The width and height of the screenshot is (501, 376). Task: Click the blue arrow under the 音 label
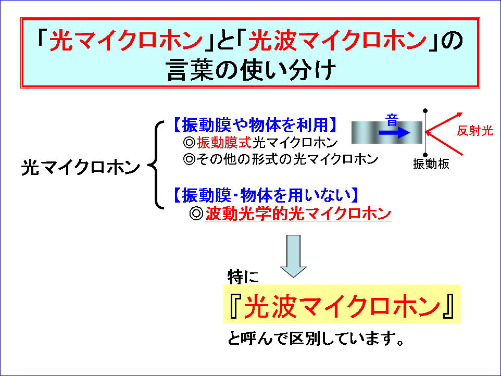pos(394,132)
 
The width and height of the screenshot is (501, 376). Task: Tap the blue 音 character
pos(392,120)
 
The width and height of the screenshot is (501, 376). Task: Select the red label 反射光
pos(475,131)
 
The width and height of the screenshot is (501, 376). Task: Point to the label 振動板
pos(431,164)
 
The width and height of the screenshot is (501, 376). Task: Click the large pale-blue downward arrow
pos(293,256)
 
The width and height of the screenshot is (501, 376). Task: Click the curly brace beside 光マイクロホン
pos(156,165)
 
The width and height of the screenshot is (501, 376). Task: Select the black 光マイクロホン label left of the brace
pos(81,167)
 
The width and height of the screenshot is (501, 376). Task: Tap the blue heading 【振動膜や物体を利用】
pos(255,124)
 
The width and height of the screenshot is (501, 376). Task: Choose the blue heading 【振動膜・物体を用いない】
pos(266,195)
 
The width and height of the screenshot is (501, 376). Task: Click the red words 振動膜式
pos(224,143)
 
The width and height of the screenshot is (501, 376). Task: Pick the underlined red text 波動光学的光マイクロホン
pos(298,214)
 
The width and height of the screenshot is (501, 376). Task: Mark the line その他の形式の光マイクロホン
pos(287,159)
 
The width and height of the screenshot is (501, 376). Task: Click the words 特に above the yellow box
pos(243,277)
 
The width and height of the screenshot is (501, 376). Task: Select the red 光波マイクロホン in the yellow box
pos(342,306)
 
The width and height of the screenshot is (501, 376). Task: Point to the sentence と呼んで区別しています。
pos(316,339)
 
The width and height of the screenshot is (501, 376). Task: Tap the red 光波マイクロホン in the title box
pos(337,41)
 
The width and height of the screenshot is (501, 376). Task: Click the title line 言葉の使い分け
pos(251,70)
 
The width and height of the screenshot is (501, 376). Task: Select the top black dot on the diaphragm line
pos(425,111)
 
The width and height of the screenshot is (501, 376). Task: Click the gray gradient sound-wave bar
pos(386,132)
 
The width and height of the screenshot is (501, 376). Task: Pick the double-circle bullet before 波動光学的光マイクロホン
pos(196,214)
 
